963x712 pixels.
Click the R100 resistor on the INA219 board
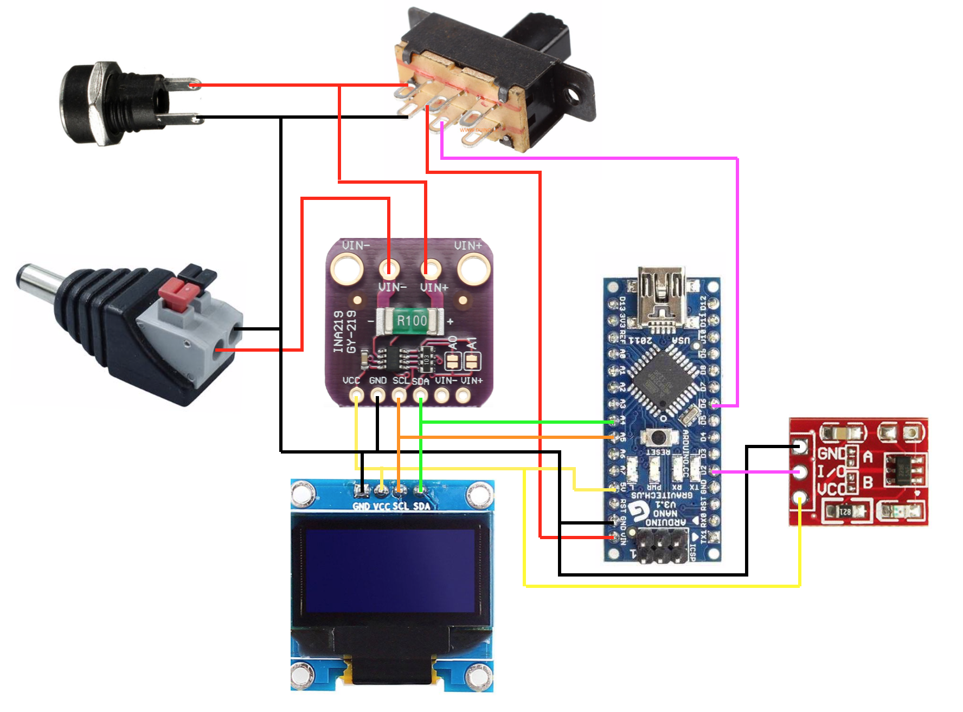[411, 321]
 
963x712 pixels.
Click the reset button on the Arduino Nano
[658, 437]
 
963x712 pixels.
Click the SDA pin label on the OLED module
[422, 506]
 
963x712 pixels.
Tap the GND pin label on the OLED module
[361, 506]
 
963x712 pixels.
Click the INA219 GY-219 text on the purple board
[345, 332]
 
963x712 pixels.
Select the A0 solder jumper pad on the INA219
[453, 360]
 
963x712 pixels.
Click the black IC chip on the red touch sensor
[903, 469]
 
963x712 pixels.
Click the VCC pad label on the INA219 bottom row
[351, 380]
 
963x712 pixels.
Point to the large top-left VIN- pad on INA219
[346, 269]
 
